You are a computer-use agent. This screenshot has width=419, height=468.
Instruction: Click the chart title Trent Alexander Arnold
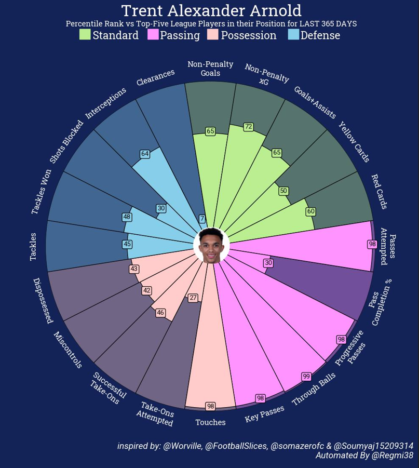coord(211,10)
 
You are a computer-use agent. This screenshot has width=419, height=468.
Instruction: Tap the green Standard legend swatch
coord(85,35)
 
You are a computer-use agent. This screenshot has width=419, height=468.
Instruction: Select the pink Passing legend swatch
coord(153,35)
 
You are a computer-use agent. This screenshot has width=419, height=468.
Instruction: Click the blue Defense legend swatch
coord(293,35)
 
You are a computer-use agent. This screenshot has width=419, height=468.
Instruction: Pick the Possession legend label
coord(248,35)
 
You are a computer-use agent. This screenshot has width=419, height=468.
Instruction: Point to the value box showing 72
coord(248,127)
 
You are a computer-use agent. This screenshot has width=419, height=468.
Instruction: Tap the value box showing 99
coord(306,376)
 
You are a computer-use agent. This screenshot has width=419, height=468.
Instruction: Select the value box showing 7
coord(202,219)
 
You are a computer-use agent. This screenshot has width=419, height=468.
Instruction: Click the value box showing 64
coord(145,154)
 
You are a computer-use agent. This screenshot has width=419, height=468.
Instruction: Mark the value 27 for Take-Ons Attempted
coord(193,298)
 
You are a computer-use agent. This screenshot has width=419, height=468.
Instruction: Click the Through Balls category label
coord(314,390)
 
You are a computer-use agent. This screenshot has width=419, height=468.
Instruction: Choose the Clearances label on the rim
coord(155,78)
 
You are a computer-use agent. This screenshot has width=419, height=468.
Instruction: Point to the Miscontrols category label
coord(68,350)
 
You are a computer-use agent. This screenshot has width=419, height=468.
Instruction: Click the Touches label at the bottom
coord(210,422)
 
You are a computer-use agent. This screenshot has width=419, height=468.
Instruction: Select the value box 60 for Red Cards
coord(310,211)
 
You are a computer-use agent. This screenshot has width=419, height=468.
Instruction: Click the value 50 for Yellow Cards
coord(283,191)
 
